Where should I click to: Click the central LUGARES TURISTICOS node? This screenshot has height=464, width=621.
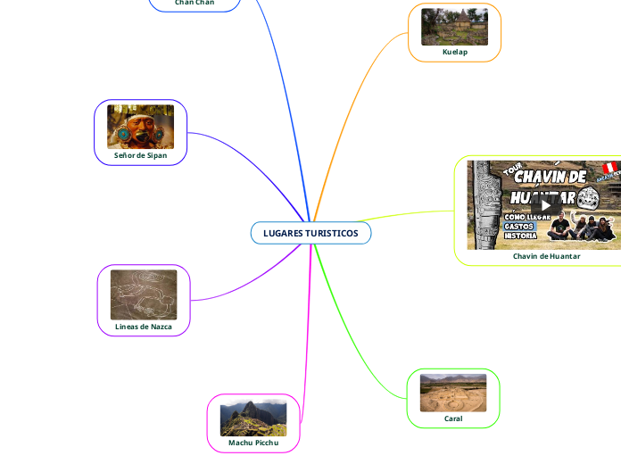click(x=310, y=233)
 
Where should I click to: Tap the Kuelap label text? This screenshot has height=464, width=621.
click(x=454, y=52)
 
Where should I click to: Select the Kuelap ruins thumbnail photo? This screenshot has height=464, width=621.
click(x=454, y=27)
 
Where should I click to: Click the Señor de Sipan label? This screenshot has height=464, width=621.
click(x=140, y=155)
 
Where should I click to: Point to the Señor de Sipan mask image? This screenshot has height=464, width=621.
click(x=140, y=127)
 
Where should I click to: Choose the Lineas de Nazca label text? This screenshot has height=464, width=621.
click(x=144, y=327)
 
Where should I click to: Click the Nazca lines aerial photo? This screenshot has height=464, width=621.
click(x=144, y=294)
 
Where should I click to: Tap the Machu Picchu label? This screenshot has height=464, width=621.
click(x=253, y=443)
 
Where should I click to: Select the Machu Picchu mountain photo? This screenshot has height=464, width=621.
click(x=253, y=418)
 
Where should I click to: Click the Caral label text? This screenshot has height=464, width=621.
click(x=453, y=418)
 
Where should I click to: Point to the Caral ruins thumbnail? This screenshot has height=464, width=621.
click(x=453, y=393)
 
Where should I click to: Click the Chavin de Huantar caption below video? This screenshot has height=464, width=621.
click(x=546, y=256)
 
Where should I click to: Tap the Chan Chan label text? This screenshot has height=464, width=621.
click(x=195, y=3)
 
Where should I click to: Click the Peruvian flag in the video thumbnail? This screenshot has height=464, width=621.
click(x=611, y=168)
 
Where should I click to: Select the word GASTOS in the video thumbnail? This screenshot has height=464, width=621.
click(x=520, y=227)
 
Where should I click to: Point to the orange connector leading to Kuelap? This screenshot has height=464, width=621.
click(x=352, y=107)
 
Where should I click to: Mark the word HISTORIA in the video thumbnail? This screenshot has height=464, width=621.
click(x=520, y=236)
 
